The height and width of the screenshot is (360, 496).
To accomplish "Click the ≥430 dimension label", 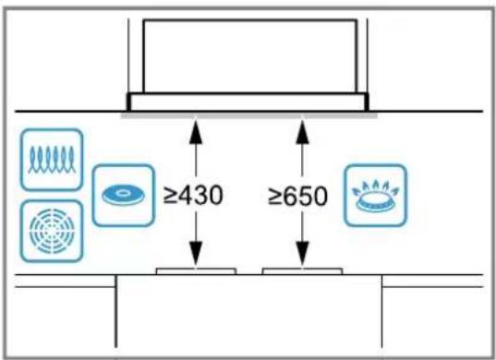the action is point(193,196).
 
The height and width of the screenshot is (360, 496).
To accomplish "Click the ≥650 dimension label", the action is point(297,196).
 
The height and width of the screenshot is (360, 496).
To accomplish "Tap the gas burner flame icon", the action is point(376,196).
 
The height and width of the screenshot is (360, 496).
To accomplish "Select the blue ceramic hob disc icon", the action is point(124,196).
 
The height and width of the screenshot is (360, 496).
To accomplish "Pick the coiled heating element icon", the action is point(52,160).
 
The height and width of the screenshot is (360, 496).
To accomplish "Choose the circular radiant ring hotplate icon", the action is point(52,232).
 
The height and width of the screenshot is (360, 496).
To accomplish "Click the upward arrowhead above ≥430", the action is point(196,131).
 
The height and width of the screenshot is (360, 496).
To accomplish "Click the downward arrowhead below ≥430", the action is point(196,254).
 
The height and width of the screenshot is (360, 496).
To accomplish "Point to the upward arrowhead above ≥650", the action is point(302,131).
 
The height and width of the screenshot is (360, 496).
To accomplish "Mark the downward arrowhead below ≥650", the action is point(302,254).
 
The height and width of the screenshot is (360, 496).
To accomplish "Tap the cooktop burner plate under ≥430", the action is point(196,271).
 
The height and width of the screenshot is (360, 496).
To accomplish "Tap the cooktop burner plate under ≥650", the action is point(302,271).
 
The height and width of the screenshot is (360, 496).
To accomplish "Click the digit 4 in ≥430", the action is point(183,196).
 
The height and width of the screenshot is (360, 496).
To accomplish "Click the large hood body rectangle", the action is point(250,56).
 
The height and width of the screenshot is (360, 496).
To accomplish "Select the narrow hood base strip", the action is point(248,102).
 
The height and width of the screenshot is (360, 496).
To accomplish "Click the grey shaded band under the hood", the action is point(249,115).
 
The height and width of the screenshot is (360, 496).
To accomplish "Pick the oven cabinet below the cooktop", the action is point(249,311).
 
